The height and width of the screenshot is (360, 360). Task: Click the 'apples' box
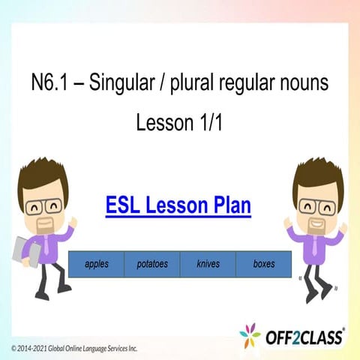pyautogui.click(x=96, y=264)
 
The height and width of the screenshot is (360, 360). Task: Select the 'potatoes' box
pyautogui.click(x=152, y=264)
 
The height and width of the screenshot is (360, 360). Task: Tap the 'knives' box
pyautogui.click(x=208, y=264)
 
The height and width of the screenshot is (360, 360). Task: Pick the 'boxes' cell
pyautogui.click(x=263, y=264)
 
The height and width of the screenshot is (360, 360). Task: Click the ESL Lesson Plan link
pyautogui.click(x=178, y=205)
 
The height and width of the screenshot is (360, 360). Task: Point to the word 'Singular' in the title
pyautogui.click(x=118, y=83)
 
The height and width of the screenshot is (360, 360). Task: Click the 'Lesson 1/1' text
pyautogui.click(x=178, y=122)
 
